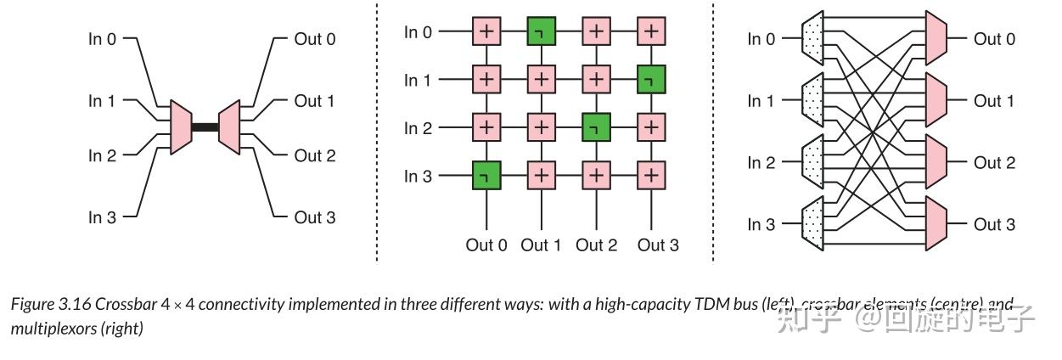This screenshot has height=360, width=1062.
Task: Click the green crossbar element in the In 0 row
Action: (x=541, y=32)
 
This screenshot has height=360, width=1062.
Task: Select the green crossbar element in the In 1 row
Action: (x=651, y=80)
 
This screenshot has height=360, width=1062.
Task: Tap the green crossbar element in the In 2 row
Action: (x=596, y=128)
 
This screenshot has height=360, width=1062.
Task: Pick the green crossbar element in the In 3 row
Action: (x=486, y=176)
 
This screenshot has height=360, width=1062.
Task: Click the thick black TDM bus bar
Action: (x=205, y=127)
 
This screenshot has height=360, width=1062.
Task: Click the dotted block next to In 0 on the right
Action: (x=812, y=39)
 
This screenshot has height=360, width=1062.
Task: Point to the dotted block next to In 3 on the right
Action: (x=812, y=224)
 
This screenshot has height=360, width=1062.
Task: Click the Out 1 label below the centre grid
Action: (x=541, y=245)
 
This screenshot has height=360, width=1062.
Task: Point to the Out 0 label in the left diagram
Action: (x=314, y=39)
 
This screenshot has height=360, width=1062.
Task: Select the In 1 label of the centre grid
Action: (x=418, y=81)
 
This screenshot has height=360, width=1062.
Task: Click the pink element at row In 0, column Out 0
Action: (x=486, y=32)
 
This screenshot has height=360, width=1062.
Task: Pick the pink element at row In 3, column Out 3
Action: (x=651, y=176)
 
